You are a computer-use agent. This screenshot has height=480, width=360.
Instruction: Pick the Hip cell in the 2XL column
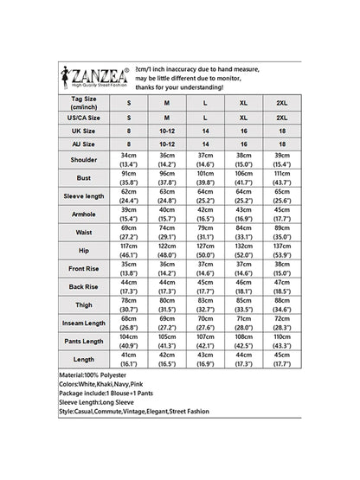(x=281, y=275)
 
